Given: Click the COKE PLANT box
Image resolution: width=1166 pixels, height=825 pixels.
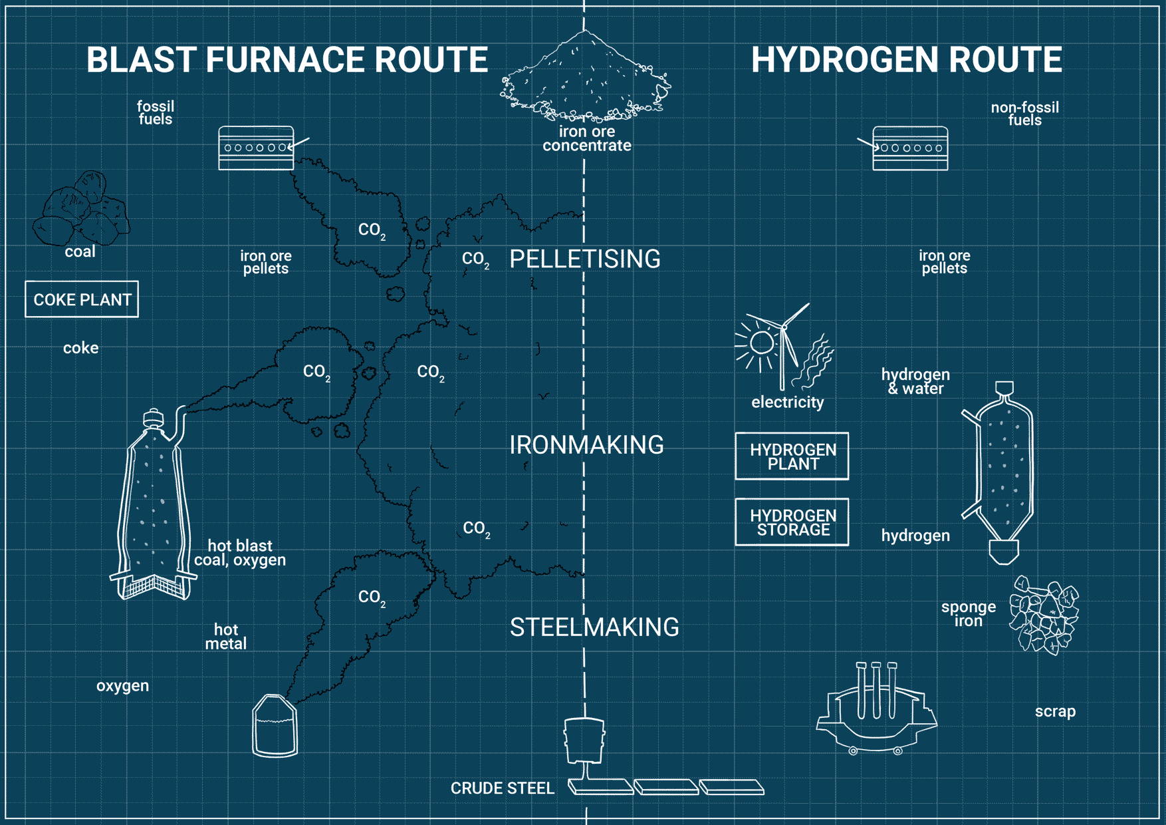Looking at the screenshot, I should pyautogui.click(x=82, y=299).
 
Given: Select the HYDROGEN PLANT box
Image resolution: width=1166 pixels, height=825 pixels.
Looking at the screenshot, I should pyautogui.click(x=792, y=456).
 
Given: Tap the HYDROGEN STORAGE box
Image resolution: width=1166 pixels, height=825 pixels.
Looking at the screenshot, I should pyautogui.click(x=792, y=522).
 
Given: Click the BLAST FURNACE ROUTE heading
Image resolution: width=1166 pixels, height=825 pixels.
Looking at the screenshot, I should pyautogui.click(x=287, y=60).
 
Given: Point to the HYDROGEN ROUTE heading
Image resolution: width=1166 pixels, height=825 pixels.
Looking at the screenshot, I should pyautogui.click(x=906, y=60).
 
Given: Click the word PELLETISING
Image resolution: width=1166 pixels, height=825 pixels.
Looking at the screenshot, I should pyautogui.click(x=585, y=259).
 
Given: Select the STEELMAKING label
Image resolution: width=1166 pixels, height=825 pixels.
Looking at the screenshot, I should pyautogui.click(x=594, y=627).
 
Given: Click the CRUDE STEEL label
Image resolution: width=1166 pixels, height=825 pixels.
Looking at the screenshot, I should pyautogui.click(x=502, y=788).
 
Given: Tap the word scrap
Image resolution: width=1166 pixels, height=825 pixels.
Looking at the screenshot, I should pyautogui.click(x=1055, y=711).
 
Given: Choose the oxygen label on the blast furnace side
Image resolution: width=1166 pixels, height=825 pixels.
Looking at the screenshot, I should pyautogui.click(x=122, y=686).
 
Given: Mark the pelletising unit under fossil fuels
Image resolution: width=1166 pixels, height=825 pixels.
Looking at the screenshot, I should pyautogui.click(x=257, y=148).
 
